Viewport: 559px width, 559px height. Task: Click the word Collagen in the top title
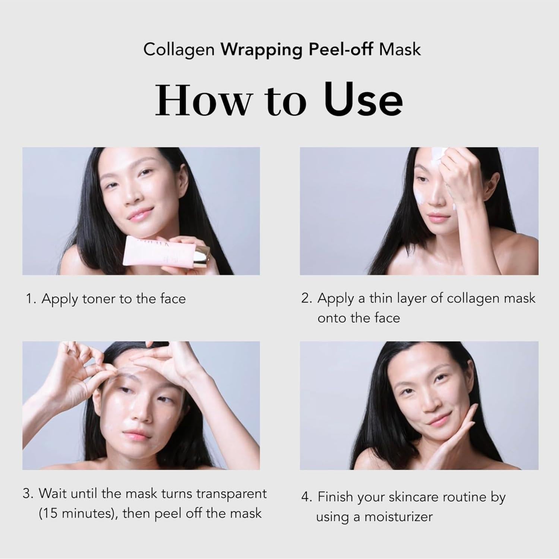click(x=179, y=50)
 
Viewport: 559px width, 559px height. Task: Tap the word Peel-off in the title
click(x=341, y=50)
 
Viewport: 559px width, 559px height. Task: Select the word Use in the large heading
click(x=363, y=100)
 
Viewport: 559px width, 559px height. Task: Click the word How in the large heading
click(x=203, y=100)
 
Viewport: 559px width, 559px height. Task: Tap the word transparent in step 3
click(x=231, y=493)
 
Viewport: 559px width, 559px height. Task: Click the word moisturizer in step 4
click(x=398, y=517)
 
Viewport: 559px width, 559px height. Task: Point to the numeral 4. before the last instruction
click(x=306, y=497)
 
